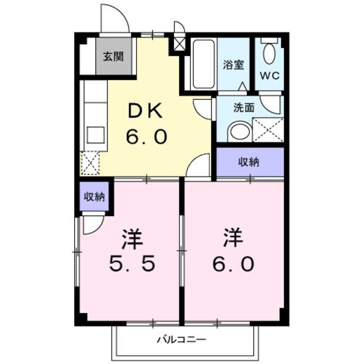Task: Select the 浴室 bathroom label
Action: [x=234, y=65]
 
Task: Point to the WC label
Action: [x=269, y=74]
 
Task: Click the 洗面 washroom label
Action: [x=244, y=107]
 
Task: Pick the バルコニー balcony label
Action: [x=182, y=340]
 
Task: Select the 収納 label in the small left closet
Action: [x=94, y=197]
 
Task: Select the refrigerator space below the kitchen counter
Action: [x=89, y=164]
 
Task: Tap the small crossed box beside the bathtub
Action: [x=178, y=43]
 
